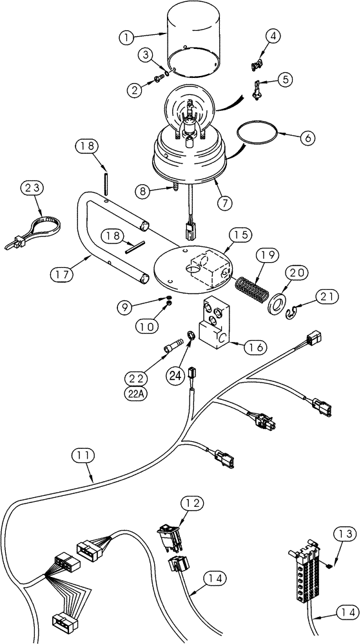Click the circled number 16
[x=254, y=346]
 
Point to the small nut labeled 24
[x=191, y=336]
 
